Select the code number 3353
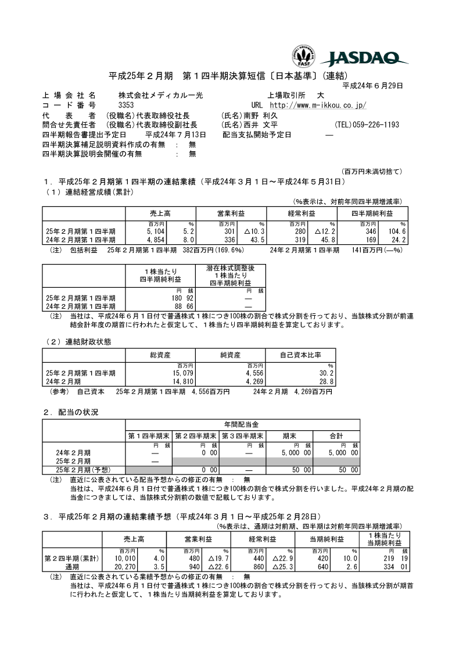pos(126,105)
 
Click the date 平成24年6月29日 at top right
pos(373,85)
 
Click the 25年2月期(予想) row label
pos(83,469)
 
